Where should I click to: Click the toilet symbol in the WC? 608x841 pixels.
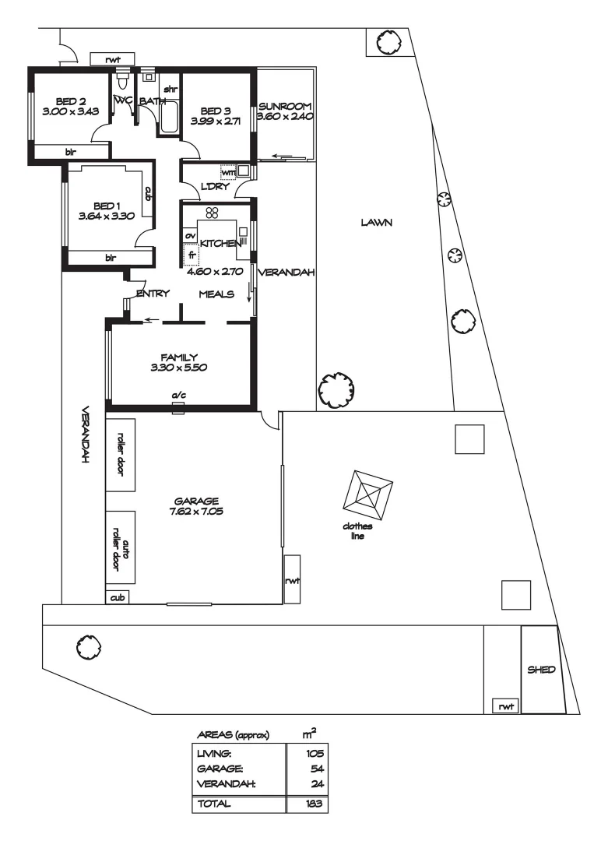coord(121,81)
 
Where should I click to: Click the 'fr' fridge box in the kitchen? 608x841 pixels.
coord(190,255)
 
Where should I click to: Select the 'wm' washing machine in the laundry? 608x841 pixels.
coord(227,172)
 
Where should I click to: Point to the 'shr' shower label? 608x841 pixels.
coord(169,90)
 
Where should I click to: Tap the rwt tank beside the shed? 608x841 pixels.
coord(507,706)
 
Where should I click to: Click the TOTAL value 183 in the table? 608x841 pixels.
coord(315,804)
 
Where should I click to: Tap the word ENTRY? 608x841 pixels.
coord(153,294)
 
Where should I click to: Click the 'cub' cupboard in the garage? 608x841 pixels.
coord(118,597)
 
